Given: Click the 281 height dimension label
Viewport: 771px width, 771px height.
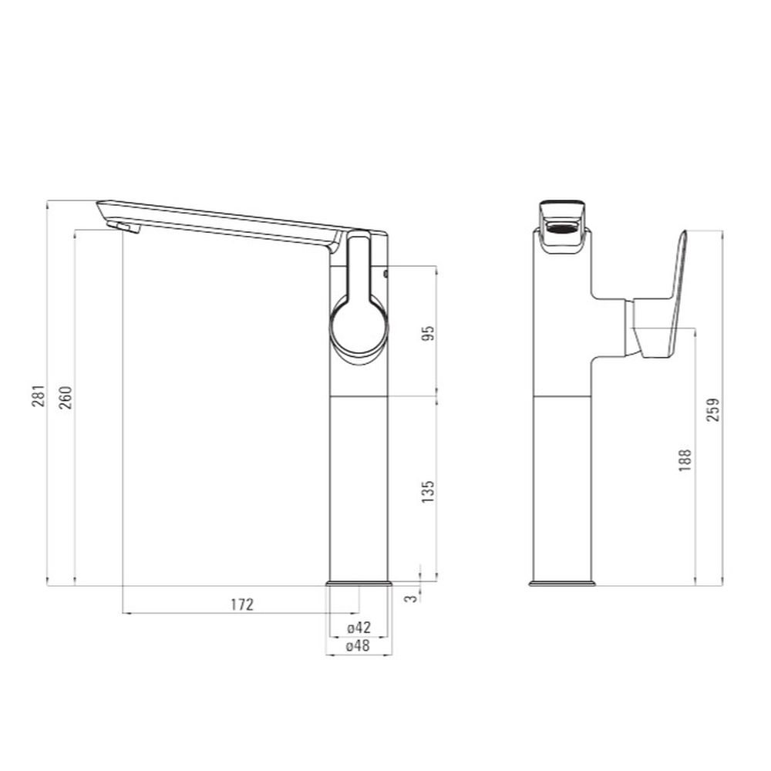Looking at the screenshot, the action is pos(39,396).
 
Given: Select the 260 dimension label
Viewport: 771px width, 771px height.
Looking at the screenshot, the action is pos(66,398).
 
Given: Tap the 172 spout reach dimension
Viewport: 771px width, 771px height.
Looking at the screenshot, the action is pos(242,604).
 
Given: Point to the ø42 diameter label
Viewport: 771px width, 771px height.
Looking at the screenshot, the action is pos(359,628).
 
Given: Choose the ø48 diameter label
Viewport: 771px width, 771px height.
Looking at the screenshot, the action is pos(359,645).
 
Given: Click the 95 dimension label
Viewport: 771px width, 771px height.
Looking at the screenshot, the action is pos(428,333).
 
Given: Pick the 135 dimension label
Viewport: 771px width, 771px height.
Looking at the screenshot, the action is pos(428,491).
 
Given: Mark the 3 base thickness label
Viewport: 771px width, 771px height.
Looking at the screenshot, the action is pos(412,598).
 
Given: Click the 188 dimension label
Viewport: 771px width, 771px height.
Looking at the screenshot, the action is pos(685,460).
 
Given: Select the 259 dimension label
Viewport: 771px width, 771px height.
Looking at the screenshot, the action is pos(712,409).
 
